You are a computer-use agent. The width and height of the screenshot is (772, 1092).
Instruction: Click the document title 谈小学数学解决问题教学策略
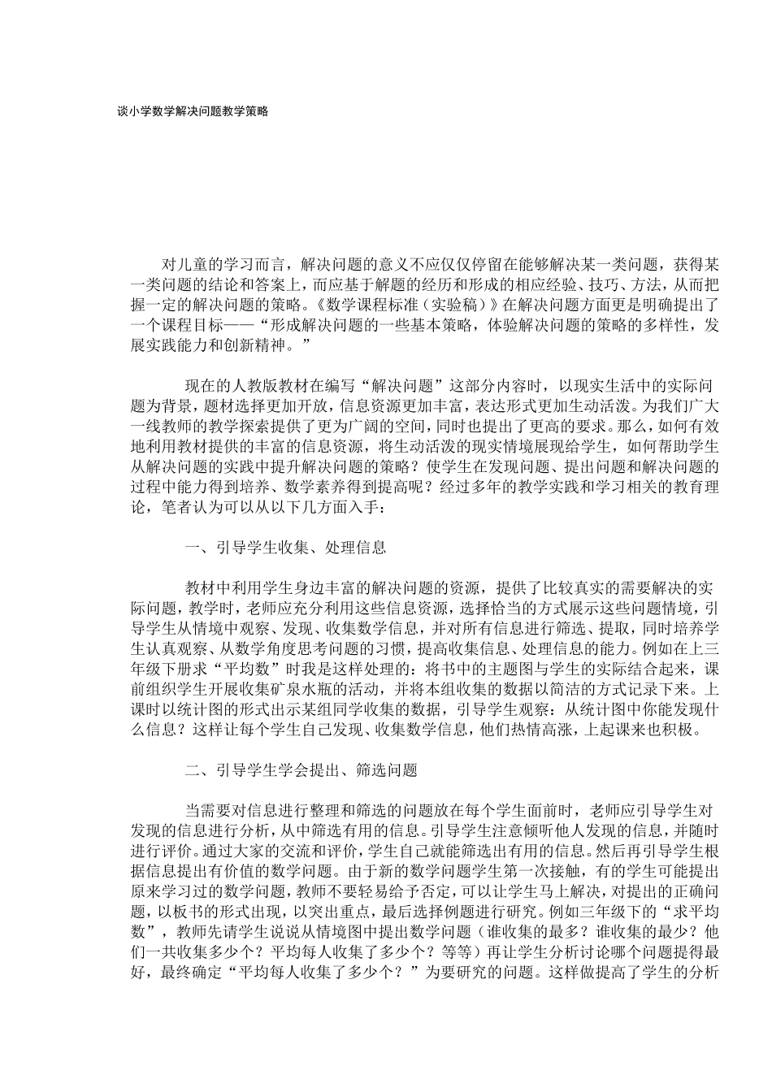[193, 112]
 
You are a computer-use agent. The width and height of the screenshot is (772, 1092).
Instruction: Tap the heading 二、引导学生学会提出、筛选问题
[301, 770]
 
